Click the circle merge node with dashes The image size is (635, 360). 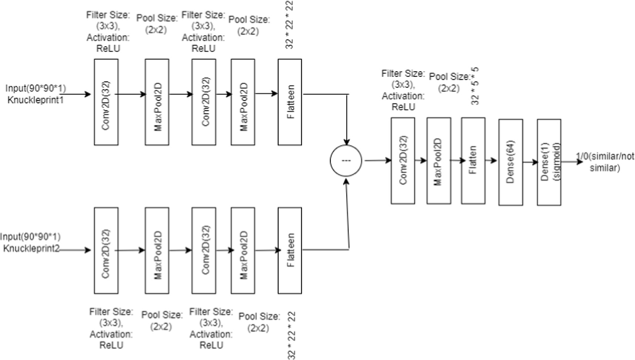click(346, 161)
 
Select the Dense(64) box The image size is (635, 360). click(511, 162)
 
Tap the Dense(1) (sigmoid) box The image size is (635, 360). click(549, 162)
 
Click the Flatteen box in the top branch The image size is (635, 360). click(290, 102)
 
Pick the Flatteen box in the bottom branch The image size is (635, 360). click(290, 250)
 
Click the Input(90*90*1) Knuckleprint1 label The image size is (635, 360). click(36, 94)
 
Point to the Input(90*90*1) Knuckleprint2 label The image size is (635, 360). click(31, 242)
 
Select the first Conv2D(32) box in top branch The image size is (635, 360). click(106, 102)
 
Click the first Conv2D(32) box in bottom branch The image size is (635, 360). click(106, 250)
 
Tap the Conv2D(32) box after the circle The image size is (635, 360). click(403, 161)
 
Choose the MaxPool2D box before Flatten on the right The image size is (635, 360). click(439, 161)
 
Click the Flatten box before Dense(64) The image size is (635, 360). click(473, 161)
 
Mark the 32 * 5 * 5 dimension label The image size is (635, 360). click(475, 86)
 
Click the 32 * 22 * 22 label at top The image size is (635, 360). click(290, 25)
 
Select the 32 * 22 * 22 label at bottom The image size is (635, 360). click(292, 336)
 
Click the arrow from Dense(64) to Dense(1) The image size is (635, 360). click(530, 162)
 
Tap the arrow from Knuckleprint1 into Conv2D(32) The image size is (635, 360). click(78, 94)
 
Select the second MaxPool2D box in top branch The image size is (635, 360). click(243, 102)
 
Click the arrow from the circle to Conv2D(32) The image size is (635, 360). click(378, 161)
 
